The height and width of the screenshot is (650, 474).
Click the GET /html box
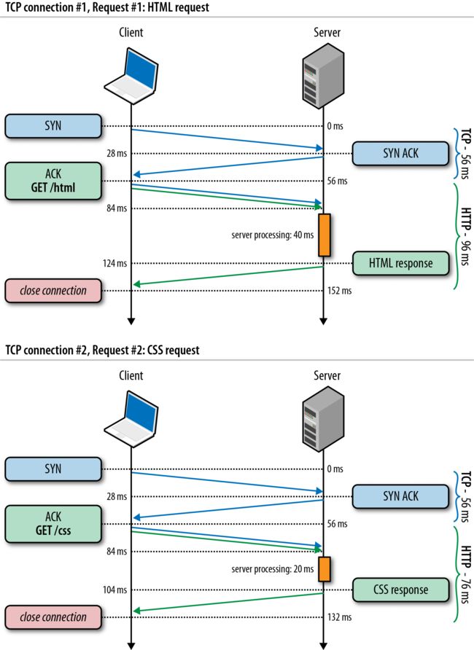[x=53, y=181]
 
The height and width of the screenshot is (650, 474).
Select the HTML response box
[x=400, y=263]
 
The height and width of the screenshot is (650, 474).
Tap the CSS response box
[x=400, y=590]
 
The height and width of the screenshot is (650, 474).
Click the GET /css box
[x=53, y=523]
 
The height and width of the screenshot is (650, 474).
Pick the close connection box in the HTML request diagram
[x=53, y=291]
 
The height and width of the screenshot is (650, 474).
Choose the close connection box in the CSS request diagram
[x=53, y=616]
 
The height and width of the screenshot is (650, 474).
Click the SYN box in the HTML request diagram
[x=53, y=125]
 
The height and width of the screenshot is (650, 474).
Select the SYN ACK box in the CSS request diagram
[x=400, y=496]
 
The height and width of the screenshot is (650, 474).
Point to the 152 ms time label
[x=339, y=291]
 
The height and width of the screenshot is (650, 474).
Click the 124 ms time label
[x=115, y=263]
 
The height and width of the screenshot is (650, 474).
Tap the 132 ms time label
[x=339, y=617]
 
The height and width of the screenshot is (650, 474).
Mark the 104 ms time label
[x=115, y=590]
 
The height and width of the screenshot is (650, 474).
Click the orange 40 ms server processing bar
[x=325, y=235]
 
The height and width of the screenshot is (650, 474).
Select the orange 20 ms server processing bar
[x=325, y=569]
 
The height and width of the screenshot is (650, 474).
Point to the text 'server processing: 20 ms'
[x=273, y=569]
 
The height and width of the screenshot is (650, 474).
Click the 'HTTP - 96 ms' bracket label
[x=466, y=236]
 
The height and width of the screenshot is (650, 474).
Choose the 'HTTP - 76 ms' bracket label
[x=466, y=575]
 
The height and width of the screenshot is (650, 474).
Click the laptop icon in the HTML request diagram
[x=131, y=76]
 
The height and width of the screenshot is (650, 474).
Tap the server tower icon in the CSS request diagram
[x=324, y=419]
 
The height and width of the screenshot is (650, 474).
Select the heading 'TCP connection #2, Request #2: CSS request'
[x=102, y=351]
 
